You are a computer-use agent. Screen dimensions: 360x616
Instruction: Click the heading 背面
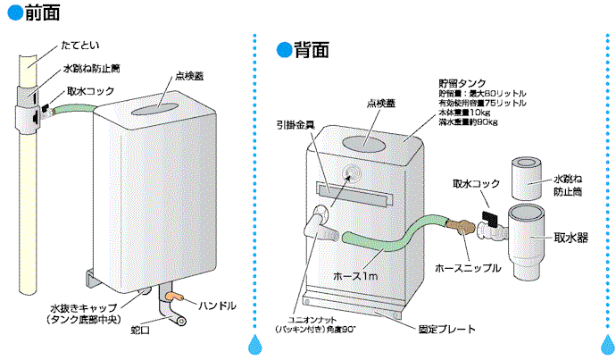coord(317,48)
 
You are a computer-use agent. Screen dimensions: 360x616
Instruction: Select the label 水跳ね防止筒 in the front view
coord(91,69)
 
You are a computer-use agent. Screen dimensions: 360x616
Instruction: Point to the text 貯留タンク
coord(462,80)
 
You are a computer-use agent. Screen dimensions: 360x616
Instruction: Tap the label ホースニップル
coord(467,267)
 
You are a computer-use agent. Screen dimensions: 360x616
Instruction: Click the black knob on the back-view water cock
coord(489,217)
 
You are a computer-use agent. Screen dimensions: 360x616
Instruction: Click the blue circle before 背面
coord(284,48)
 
